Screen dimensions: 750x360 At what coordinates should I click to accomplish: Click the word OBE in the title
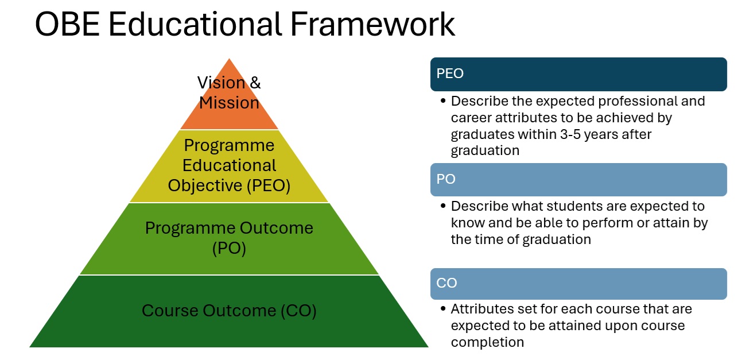[67, 24]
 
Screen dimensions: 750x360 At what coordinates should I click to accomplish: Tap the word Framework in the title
[372, 24]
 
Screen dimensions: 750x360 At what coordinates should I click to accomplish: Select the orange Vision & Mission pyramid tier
[229, 100]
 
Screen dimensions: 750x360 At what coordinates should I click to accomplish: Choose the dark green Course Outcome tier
[229, 311]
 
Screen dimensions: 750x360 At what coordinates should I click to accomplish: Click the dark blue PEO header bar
[578, 74]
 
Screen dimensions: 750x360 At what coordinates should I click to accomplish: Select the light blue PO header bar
[578, 180]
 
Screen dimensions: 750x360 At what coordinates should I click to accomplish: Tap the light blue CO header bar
[578, 284]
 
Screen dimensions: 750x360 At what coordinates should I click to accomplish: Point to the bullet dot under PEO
[443, 100]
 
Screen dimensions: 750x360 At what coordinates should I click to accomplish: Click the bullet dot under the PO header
[443, 206]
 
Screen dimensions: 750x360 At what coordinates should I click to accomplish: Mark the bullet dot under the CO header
[443, 308]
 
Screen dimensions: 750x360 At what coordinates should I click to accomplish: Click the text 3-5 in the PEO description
[570, 134]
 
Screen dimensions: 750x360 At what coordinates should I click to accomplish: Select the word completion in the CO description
[487, 343]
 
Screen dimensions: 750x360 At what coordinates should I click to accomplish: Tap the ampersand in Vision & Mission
[255, 83]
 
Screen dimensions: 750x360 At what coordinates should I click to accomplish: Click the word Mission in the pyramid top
[229, 103]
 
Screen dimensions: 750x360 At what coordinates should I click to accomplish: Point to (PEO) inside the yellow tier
[269, 185]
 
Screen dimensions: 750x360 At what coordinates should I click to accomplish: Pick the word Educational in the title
[195, 24]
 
